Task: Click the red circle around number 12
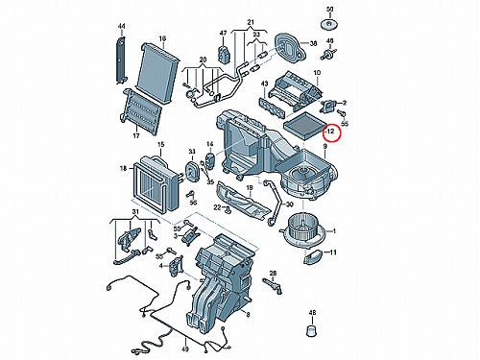pyautogui.click(x=332, y=124)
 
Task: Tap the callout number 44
pyautogui.click(x=122, y=26)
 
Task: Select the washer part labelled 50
pyautogui.click(x=329, y=25)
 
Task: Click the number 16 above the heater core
pyautogui.click(x=162, y=38)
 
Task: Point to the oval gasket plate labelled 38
pyautogui.click(x=290, y=47)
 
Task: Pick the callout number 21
pyautogui.click(x=251, y=22)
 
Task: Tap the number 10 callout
pyautogui.click(x=317, y=73)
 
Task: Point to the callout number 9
pyautogui.click(x=324, y=146)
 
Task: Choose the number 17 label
pyautogui.click(x=136, y=135)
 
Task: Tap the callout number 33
pyautogui.click(x=192, y=151)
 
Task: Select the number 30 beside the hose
pyautogui.click(x=289, y=204)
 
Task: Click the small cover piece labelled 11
pyautogui.click(x=312, y=257)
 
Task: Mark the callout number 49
pyautogui.click(x=185, y=349)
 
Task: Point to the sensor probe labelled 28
pyautogui.click(x=273, y=285)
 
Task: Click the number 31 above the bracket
pyautogui.click(x=135, y=212)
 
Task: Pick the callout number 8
pyautogui.click(x=248, y=315)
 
